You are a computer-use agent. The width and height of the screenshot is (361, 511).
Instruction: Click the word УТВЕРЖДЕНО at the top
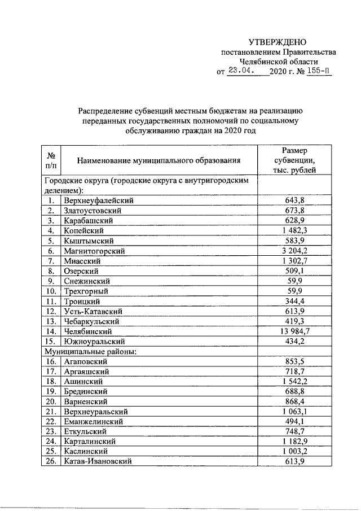tap(278, 42)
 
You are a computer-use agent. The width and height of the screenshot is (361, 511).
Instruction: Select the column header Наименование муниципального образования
tap(159, 160)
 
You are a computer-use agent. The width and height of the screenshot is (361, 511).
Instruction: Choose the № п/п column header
tap(51, 160)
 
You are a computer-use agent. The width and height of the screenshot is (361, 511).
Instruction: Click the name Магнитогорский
tap(94, 250)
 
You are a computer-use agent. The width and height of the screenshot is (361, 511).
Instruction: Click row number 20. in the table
tap(51, 401)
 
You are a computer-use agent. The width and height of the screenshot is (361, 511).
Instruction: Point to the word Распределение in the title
tap(107, 111)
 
